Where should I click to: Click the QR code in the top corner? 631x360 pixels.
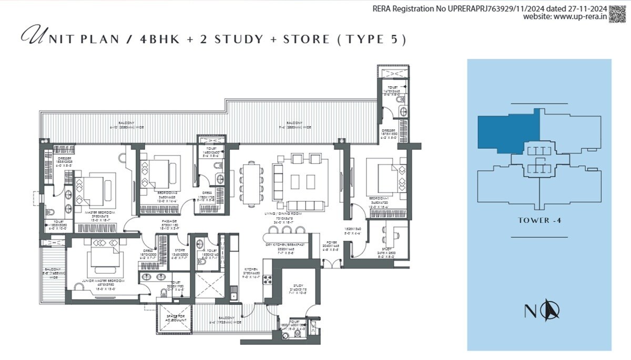(x=619, y=13)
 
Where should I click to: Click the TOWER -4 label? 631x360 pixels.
(x=540, y=220)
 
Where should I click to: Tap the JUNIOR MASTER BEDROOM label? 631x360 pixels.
(x=104, y=281)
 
